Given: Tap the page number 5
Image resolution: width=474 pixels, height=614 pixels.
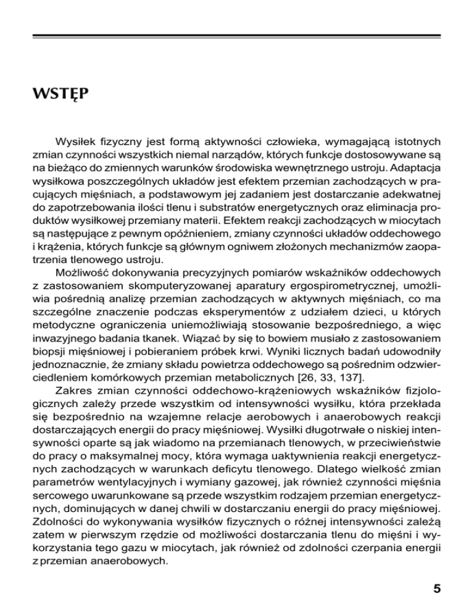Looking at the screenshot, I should pyautogui.click(x=437, y=587).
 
